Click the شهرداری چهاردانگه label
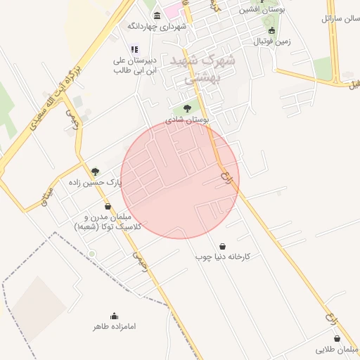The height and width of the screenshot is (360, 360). coord(156,27)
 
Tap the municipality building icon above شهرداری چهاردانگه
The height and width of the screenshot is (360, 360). coord(157,15)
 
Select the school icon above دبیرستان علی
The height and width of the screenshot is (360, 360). coord(135,49)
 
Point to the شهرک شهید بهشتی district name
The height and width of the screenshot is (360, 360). coord(203,69)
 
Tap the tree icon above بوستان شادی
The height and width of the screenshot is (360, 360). coord(187,108)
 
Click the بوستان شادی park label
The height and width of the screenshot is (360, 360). coord(187,120)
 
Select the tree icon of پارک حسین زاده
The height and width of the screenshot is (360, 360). coord(96,171)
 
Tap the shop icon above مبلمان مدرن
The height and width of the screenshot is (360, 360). coord(108,207)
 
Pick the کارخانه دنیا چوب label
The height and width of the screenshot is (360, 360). coord(223,257)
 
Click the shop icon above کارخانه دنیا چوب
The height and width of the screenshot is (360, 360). coord(223,246)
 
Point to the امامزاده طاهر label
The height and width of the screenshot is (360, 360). coord(114,327)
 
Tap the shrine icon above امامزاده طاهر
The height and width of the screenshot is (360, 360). coord(115,316)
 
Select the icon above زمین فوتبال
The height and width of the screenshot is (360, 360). coord(272,30)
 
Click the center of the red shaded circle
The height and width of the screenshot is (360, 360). coord(180,179)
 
